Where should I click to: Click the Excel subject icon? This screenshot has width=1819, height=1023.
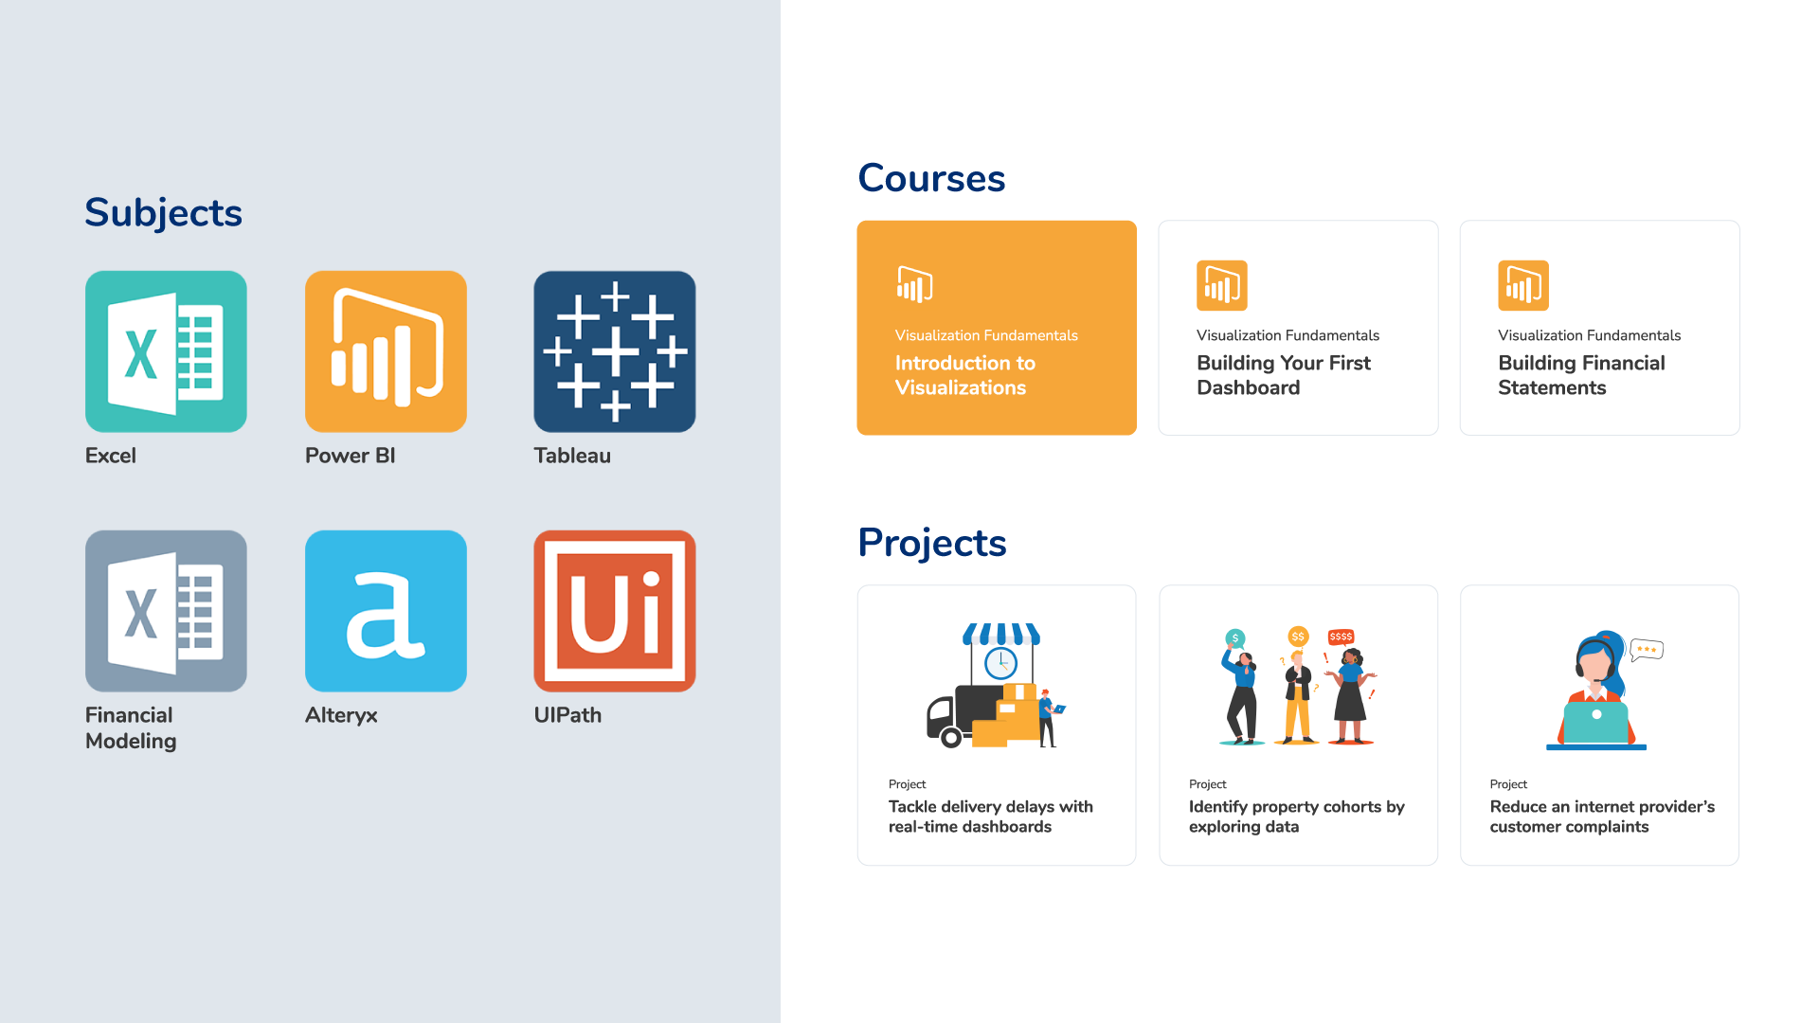click(x=166, y=351)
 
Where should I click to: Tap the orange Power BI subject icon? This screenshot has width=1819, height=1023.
click(x=386, y=351)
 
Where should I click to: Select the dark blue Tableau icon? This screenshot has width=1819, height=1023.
click(x=615, y=351)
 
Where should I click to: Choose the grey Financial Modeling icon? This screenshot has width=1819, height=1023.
click(x=166, y=611)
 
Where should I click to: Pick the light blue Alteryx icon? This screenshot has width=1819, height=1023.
click(x=386, y=611)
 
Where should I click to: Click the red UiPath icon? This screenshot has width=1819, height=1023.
click(x=615, y=611)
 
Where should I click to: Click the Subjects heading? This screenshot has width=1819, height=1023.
click(x=163, y=213)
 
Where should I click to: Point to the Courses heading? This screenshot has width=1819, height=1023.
click(x=931, y=178)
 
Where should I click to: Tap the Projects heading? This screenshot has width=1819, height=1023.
click(x=932, y=543)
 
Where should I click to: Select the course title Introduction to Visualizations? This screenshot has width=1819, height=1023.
click(x=965, y=375)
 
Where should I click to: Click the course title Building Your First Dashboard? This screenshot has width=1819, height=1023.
click(x=1284, y=375)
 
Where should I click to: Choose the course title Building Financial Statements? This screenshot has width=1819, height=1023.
click(x=1581, y=375)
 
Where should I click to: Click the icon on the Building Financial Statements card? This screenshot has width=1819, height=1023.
click(x=1523, y=285)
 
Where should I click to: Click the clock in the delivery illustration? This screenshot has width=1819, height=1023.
click(x=1000, y=663)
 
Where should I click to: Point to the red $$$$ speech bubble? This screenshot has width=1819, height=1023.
click(x=1341, y=637)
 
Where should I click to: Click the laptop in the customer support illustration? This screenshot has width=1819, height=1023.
click(x=1596, y=722)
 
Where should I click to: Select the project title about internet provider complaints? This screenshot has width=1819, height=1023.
click(x=1602, y=817)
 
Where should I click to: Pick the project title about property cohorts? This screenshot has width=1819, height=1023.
click(x=1296, y=817)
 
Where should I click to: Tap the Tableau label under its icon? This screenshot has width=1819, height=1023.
click(x=572, y=456)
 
